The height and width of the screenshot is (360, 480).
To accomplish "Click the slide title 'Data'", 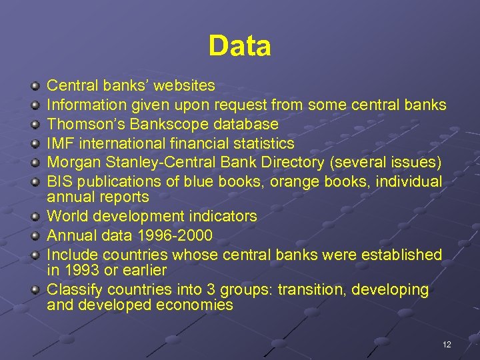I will pyautogui.click(x=239, y=46).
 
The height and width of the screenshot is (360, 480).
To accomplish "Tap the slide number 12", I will pyautogui.click(x=447, y=344).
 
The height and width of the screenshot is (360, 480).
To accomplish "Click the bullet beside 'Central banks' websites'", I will pyautogui.click(x=35, y=86).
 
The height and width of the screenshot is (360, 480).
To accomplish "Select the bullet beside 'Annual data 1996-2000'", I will pyautogui.click(x=35, y=236).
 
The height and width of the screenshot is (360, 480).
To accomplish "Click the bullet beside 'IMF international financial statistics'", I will pyautogui.click(x=35, y=144).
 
